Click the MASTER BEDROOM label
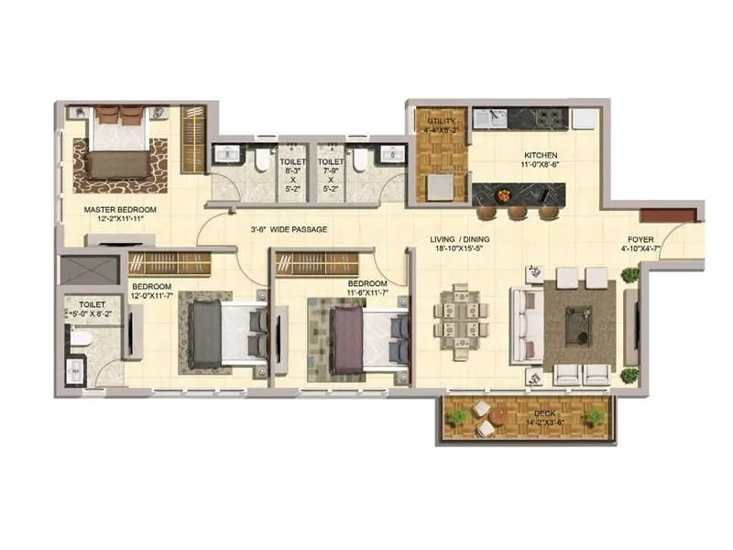pos(120,209)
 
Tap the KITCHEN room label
pos(541,155)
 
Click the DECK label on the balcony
pos(544,414)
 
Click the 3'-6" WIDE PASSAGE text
pos(289,229)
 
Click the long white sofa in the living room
pos(525,325)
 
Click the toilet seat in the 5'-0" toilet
pos(79,339)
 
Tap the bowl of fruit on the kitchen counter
pos(501,194)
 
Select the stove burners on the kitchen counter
pos(551,116)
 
